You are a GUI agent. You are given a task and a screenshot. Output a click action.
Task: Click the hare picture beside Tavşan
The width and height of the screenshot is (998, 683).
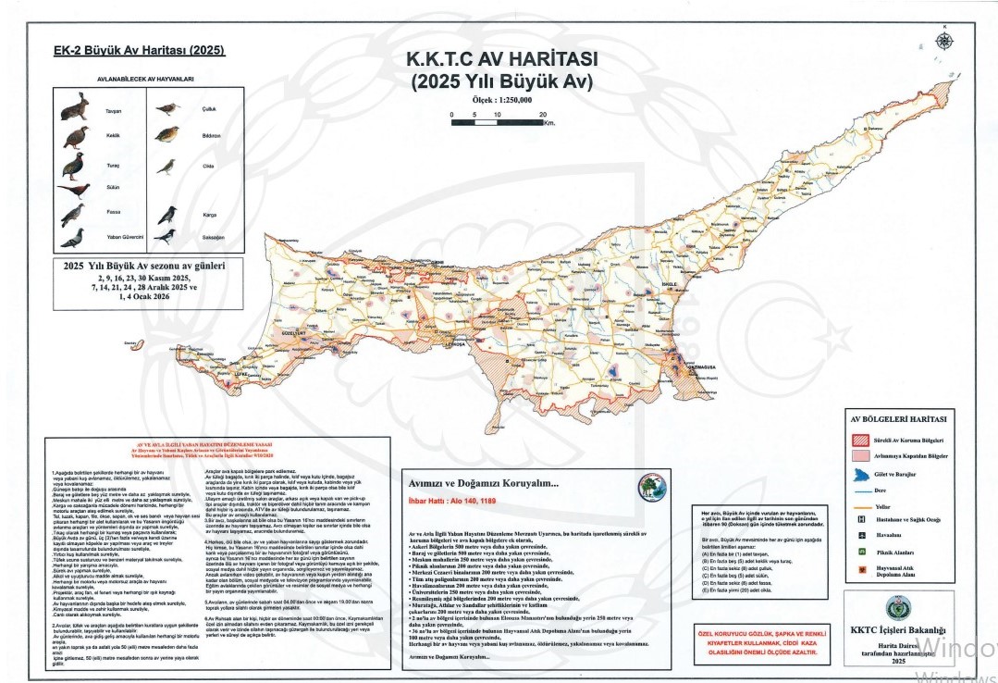click(74, 106)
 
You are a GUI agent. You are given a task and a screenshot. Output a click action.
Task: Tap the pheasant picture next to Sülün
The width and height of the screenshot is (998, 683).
click(73, 190)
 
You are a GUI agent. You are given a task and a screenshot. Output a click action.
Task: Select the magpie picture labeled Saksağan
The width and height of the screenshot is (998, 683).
click(166, 238)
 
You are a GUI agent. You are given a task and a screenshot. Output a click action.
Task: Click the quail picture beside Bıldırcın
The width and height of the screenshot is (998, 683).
click(167, 134)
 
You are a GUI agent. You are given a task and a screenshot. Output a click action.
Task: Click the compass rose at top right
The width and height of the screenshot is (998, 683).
click(944, 40)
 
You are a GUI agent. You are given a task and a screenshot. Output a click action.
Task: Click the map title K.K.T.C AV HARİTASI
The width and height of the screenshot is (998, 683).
click(502, 58)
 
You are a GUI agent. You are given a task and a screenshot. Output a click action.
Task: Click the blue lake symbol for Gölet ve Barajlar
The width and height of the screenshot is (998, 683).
click(859, 474)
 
